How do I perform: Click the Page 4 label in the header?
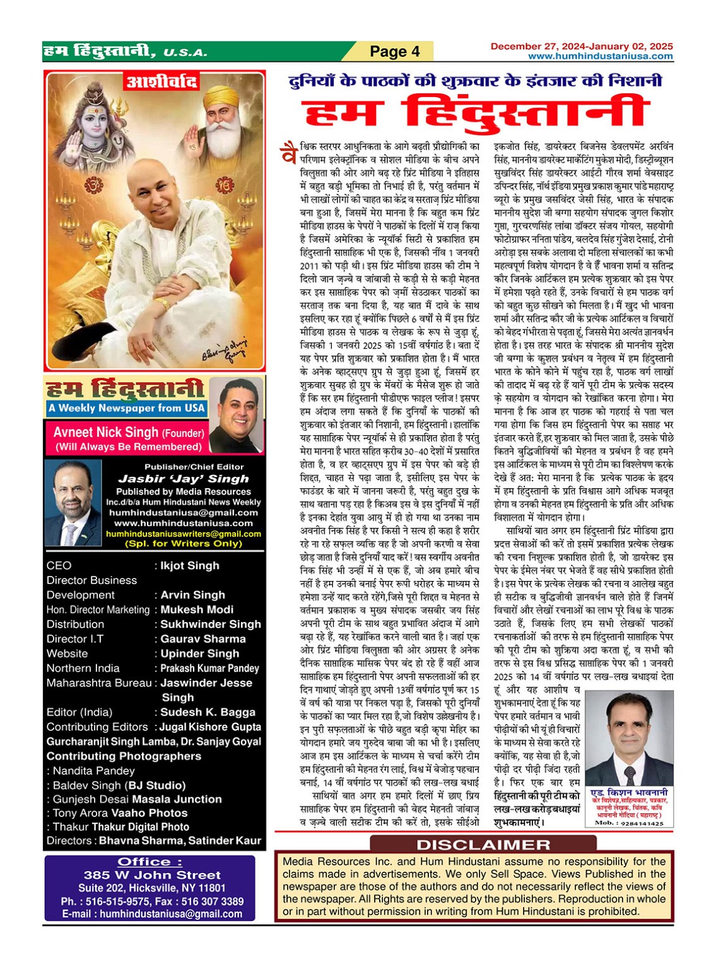coord(394,51)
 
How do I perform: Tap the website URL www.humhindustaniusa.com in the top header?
coord(600,56)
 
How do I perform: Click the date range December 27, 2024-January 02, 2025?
coord(581,46)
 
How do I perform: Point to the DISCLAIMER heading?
coord(483,845)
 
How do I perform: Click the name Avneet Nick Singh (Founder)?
coord(129,433)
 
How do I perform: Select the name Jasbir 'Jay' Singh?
coord(183,479)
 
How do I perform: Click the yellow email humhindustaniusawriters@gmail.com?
coord(183,534)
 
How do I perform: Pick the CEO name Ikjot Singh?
coord(190,566)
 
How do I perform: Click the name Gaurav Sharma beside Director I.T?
coord(203,639)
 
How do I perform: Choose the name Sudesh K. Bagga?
coord(208,712)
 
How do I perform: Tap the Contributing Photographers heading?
coord(124,756)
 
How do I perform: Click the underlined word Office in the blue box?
coord(150,862)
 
